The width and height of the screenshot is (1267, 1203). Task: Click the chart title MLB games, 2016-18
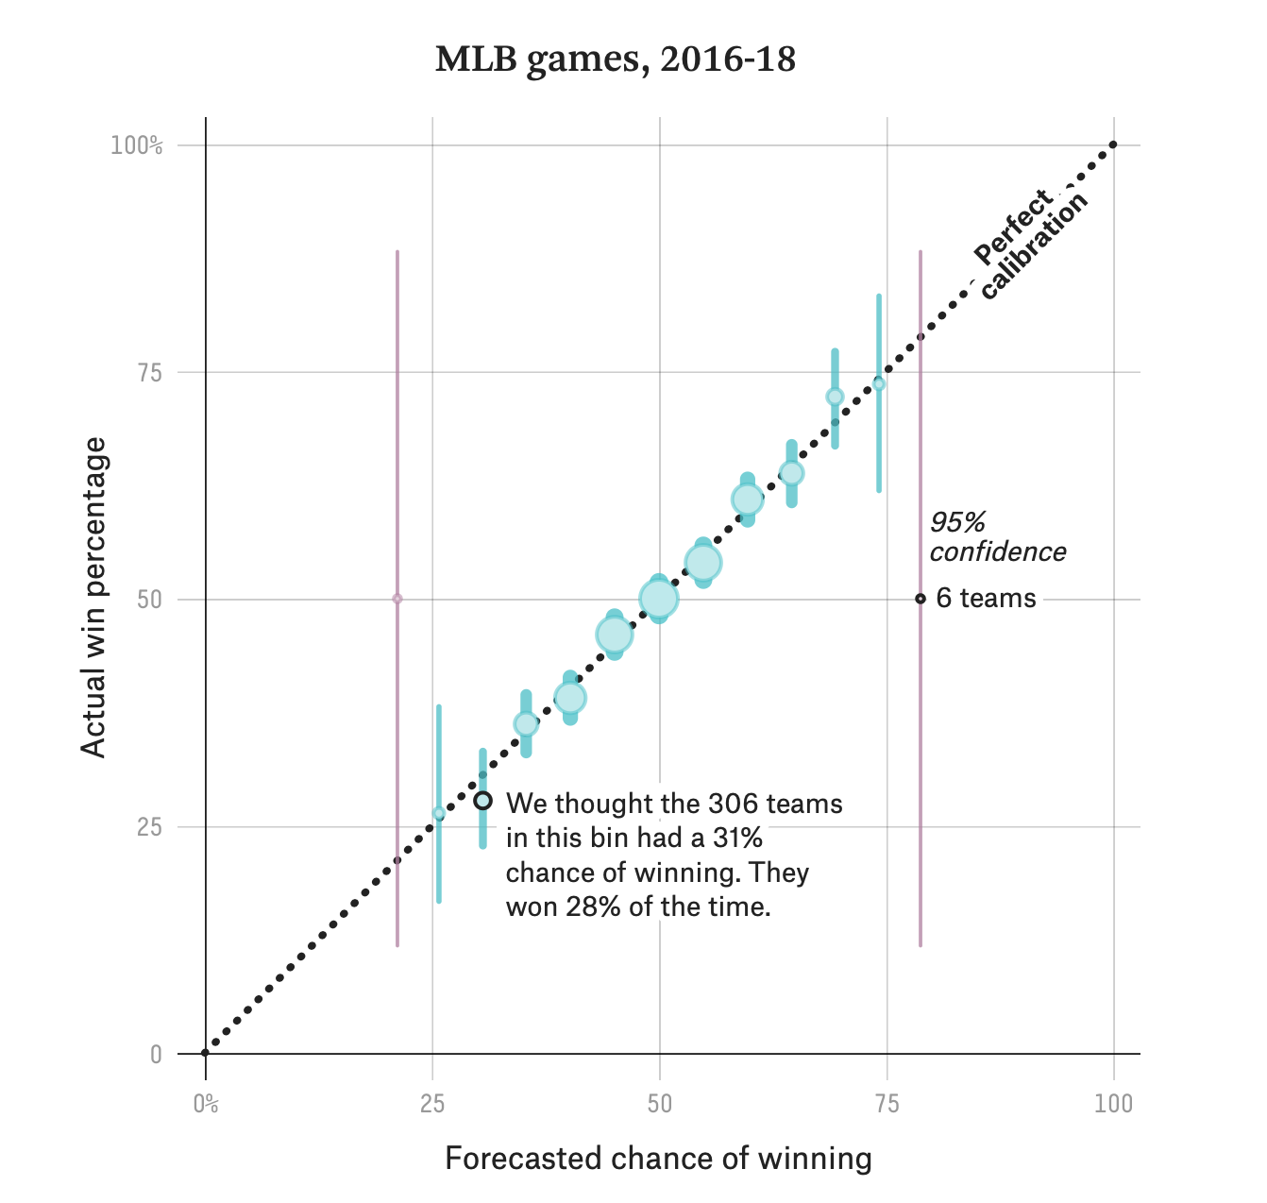616,59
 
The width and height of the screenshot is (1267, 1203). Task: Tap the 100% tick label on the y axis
137,145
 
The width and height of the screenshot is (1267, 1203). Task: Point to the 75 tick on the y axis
150,373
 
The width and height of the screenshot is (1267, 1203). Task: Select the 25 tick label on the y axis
150,827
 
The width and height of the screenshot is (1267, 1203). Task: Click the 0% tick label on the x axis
206,1104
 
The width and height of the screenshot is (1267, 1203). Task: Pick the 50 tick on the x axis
659,1104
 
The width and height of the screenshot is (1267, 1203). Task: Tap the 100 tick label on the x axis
1113,1104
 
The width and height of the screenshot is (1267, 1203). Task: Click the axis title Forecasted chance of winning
658,1159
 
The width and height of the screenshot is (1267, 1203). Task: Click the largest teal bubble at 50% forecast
658,598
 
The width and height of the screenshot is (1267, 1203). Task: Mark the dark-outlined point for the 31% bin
482,801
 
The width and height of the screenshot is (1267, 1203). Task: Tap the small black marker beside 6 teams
921,599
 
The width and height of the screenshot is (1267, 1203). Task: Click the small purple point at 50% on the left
397,599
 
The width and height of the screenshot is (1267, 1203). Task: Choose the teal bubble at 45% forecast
614,635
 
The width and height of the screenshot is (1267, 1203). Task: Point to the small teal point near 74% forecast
879,383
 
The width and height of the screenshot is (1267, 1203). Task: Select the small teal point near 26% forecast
438,813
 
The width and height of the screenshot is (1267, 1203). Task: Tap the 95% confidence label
997,536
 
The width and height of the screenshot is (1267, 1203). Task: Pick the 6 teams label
986,599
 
